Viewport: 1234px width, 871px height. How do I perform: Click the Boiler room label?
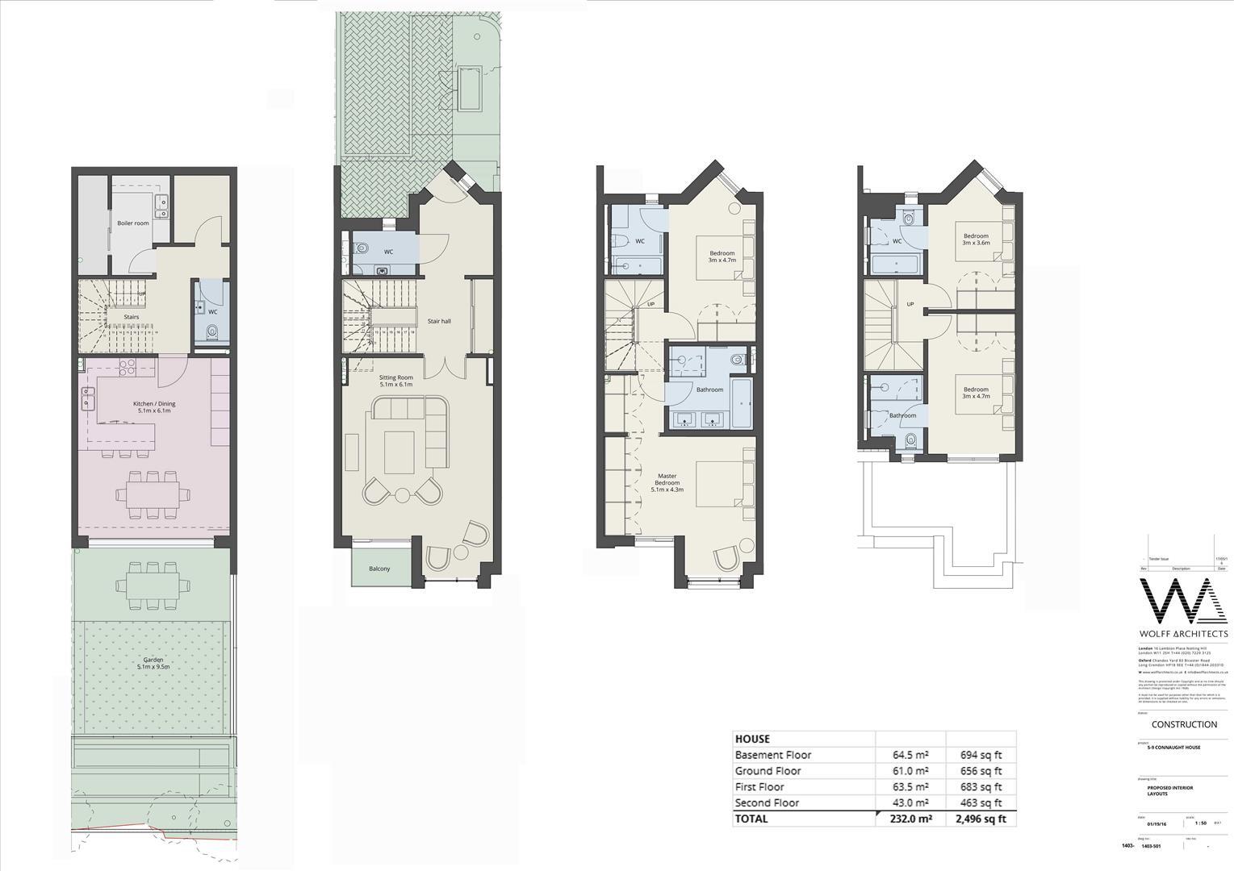(x=133, y=223)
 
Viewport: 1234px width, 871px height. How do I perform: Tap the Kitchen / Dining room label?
(x=153, y=407)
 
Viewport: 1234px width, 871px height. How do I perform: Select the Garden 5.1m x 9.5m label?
(x=153, y=663)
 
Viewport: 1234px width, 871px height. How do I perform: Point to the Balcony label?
(x=379, y=569)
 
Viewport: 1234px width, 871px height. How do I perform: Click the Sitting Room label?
(x=395, y=381)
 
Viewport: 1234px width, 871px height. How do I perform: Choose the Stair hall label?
(x=439, y=321)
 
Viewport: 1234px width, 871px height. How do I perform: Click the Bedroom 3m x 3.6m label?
(x=975, y=240)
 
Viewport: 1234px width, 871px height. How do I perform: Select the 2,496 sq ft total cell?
(x=979, y=819)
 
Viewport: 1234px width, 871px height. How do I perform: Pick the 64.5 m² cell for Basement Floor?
(x=910, y=755)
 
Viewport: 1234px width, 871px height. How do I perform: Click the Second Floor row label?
(x=767, y=802)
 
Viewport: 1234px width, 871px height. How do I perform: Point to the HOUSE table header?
(x=752, y=739)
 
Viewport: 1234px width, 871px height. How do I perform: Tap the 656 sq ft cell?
(x=981, y=771)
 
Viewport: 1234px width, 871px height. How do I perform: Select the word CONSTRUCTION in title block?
(x=1184, y=724)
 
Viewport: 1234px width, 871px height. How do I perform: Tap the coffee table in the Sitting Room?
(x=399, y=452)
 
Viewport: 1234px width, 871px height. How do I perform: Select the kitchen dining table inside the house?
(x=153, y=494)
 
